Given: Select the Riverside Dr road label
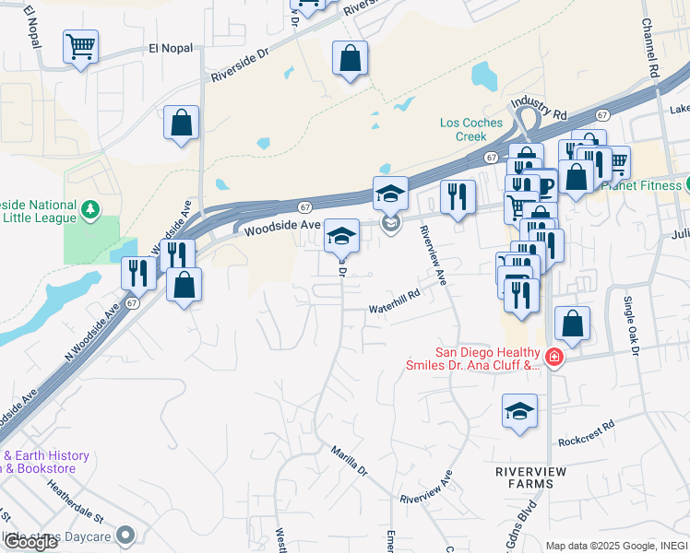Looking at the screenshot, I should pyautogui.click(x=239, y=62).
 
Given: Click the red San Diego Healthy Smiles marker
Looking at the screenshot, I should pyautogui.click(x=553, y=357).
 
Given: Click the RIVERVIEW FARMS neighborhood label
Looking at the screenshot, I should pyautogui.click(x=531, y=477).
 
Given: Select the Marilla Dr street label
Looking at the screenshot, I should pyautogui.click(x=350, y=460).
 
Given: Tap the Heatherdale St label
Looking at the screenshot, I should pyautogui.click(x=78, y=502).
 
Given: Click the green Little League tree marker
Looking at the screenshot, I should pyautogui.click(x=90, y=209).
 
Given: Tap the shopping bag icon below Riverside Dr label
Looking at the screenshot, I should pyautogui.click(x=350, y=58).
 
